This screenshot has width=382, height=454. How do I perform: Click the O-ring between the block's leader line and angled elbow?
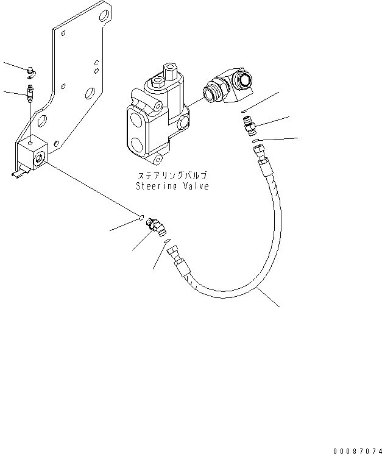142,216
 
